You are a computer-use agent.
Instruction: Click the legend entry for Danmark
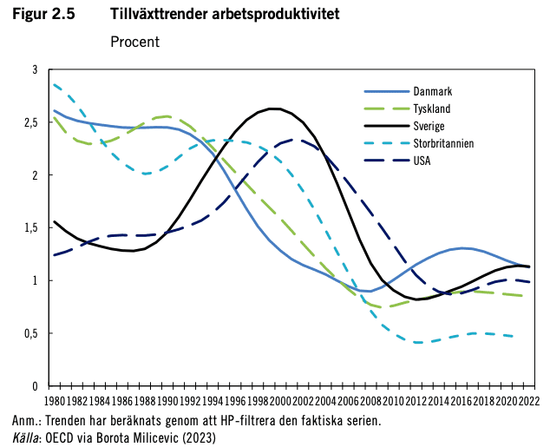(x=431, y=91)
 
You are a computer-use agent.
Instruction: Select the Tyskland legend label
(x=431, y=108)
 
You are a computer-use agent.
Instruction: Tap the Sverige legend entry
(x=429, y=126)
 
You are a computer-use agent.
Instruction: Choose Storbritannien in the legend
(x=442, y=143)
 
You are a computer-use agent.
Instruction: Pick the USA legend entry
(x=422, y=161)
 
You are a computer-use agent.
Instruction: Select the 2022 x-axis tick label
(x=530, y=403)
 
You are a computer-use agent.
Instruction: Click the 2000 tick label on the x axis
(x=280, y=403)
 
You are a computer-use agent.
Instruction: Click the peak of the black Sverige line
(x=274, y=108)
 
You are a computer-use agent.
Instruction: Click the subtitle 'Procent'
(x=134, y=41)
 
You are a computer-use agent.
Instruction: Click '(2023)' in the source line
(x=195, y=437)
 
